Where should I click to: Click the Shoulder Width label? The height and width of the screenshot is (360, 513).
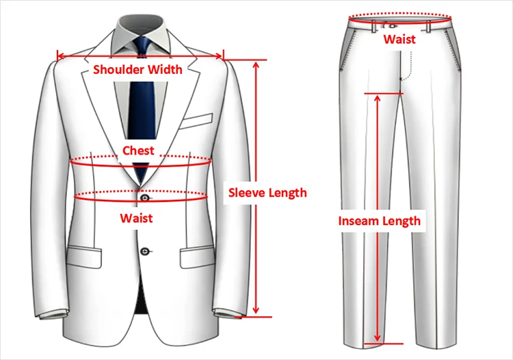click(x=137, y=69)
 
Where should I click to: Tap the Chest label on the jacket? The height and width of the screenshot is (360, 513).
click(x=138, y=150)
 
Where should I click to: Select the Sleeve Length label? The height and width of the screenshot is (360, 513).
click(x=267, y=192)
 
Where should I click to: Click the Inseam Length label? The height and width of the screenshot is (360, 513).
click(x=380, y=220)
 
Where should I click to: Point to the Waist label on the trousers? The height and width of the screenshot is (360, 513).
click(x=399, y=39)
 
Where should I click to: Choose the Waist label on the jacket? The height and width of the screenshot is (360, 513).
click(x=136, y=218)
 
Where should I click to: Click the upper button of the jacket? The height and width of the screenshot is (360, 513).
click(x=144, y=198)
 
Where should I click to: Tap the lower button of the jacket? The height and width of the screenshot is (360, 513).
click(x=144, y=251)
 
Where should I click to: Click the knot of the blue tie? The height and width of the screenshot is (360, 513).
click(x=143, y=46)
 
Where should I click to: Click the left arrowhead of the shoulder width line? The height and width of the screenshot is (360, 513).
click(x=60, y=56)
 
